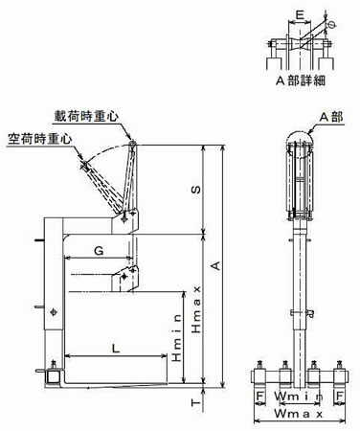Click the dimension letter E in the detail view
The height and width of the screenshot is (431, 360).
point(300,15)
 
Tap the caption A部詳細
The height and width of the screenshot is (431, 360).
point(301,80)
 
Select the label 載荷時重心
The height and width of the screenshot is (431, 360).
point(86,116)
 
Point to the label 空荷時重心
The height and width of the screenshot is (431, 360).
point(40,139)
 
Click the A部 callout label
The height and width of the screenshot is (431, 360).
point(331,117)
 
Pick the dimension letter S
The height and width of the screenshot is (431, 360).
point(196,190)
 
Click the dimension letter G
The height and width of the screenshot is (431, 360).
point(99,251)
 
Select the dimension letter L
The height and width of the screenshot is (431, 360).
point(116,348)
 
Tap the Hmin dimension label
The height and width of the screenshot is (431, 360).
point(177,338)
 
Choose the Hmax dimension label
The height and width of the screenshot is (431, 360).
point(196,309)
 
